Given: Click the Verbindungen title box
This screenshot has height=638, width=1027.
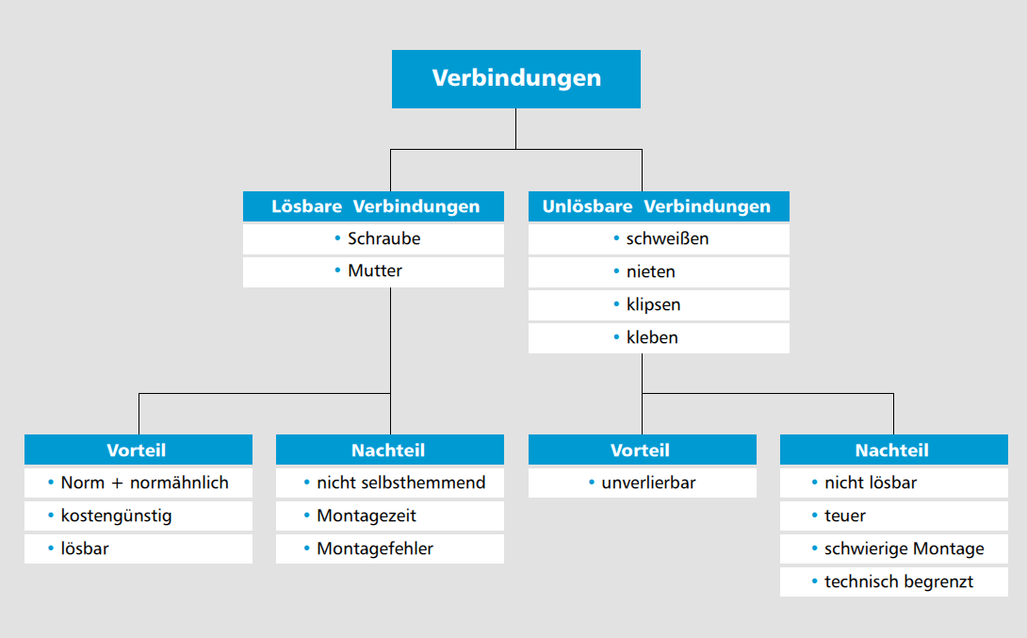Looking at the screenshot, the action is click(516, 79).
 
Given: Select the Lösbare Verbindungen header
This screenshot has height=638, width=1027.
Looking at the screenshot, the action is click(373, 206).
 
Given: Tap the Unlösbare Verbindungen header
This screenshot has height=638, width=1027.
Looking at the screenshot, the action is click(659, 206).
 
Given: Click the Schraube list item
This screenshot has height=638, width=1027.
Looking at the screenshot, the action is click(373, 239).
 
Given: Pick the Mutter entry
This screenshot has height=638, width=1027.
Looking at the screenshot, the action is click(373, 271).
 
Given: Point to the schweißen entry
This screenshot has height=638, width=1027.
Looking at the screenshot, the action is click(659, 239).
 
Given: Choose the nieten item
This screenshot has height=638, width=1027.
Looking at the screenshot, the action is click(659, 271).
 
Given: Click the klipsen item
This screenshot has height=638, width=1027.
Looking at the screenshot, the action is click(659, 305).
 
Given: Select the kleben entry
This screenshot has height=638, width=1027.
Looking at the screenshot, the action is click(659, 338).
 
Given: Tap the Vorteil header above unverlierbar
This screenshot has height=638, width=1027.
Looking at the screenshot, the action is click(643, 450).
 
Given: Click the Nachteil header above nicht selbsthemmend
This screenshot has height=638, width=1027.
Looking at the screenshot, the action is click(390, 450).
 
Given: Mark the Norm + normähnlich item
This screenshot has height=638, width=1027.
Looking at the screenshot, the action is click(139, 483).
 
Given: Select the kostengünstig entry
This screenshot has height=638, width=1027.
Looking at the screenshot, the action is click(139, 515).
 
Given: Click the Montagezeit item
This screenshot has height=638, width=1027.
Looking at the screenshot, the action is click(390, 515).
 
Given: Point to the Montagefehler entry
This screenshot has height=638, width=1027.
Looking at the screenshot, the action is click(390, 548).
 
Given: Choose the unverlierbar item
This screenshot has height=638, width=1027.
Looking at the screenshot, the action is click(643, 483).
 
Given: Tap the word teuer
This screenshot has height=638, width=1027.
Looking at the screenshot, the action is click(845, 516).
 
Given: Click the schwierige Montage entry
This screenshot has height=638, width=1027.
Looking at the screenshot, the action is click(894, 548).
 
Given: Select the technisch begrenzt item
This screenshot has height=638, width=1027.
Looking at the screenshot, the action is click(894, 581).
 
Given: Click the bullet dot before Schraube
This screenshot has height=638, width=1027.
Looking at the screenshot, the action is click(337, 237).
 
